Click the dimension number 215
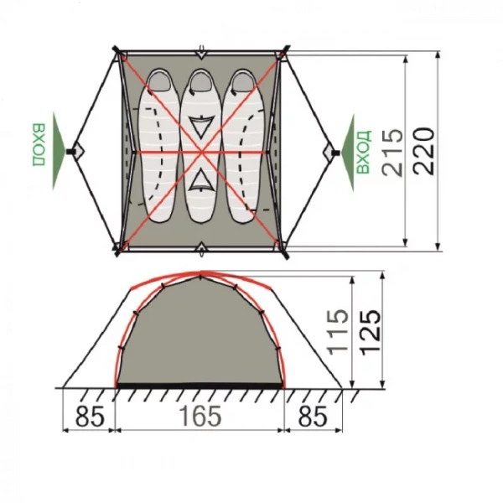point(392,153)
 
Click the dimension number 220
point(423,151)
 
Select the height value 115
point(338,333)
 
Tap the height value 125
point(371,333)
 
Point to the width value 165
point(200,416)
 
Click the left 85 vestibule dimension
point(90,416)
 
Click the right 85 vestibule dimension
point(313,416)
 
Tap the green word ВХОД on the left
point(39,144)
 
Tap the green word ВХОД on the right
point(364,152)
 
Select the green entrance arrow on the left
point(59,150)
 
